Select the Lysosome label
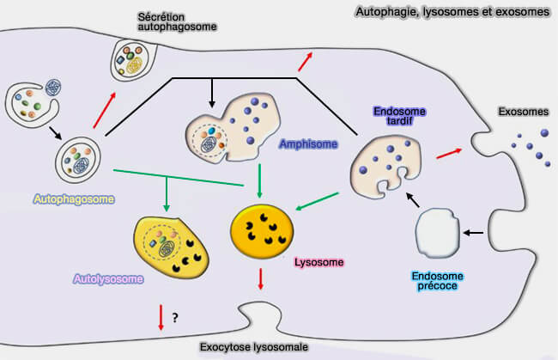318,261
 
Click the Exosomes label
523,113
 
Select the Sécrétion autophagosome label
176,21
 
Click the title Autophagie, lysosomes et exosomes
452,12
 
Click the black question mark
174,319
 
